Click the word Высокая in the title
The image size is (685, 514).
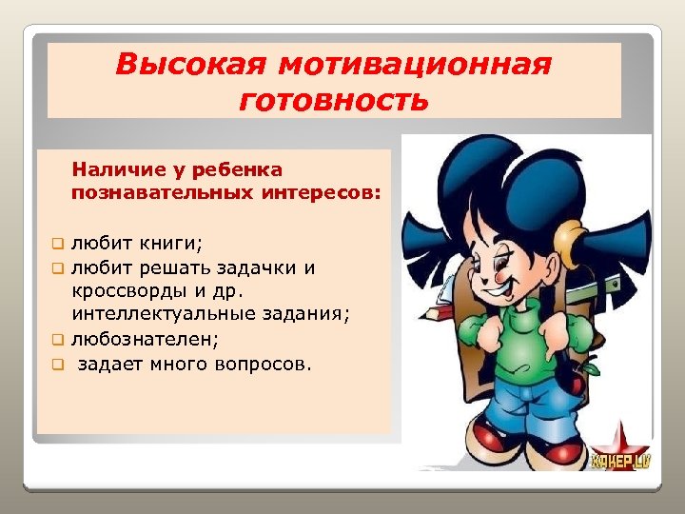click(190, 66)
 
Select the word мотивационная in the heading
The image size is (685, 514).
click(416, 66)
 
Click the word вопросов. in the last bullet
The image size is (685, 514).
click(265, 363)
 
